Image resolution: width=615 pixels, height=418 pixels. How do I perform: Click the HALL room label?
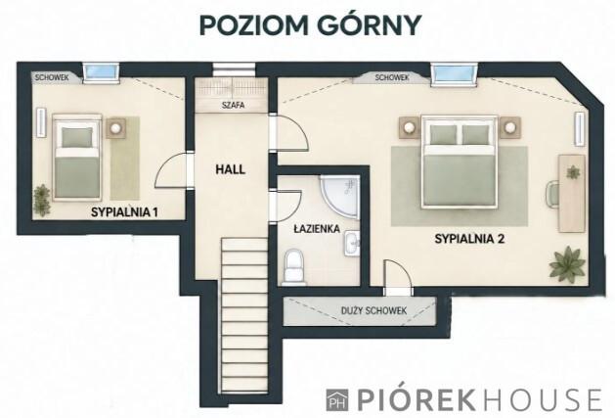coord(230,169)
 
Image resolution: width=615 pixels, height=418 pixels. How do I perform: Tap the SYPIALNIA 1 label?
coord(124,212)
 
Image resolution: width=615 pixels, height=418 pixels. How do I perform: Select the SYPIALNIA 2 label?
coord(469,239)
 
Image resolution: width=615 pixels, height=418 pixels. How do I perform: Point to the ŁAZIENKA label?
coord(317,228)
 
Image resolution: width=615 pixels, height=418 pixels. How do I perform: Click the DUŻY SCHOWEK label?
coord(373,310)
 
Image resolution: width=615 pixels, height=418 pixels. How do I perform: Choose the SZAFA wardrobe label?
coord(233,105)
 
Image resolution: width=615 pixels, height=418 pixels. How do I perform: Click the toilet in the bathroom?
coord(294,267)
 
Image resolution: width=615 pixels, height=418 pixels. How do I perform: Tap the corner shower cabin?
coord(339,196)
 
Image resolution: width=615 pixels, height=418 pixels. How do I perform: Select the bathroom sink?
coord(352,244)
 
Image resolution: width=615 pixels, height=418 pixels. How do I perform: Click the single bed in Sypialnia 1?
coord(77,158)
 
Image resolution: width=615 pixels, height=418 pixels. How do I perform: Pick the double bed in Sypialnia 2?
coord(460,162)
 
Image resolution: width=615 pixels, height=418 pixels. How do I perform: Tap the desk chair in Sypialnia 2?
coord(552,193)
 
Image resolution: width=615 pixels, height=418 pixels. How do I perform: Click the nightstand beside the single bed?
coord(115,127)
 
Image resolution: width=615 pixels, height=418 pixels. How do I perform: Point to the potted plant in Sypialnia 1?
coord(42,200)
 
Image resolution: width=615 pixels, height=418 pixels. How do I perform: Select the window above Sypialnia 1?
coord(101,72)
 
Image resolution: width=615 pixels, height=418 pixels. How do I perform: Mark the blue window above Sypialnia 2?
coord(455,73)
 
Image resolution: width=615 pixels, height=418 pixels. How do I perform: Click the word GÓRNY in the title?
coord(369,24)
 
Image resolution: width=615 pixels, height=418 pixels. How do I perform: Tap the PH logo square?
coord(337,399)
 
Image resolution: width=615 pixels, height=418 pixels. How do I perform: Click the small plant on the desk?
coord(573,172)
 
